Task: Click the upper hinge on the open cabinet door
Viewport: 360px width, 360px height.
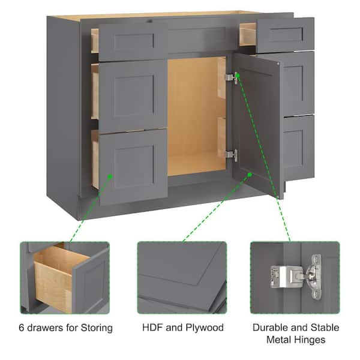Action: pyautogui.click(x=231, y=77)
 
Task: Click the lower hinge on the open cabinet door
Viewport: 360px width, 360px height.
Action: pyautogui.click(x=231, y=155)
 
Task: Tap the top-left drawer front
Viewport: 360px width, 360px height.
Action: pyautogui.click(x=133, y=41)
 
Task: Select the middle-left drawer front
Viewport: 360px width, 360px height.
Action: pyautogui.click(x=133, y=97)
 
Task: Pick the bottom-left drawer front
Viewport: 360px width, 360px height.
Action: pyautogui.click(x=133, y=167)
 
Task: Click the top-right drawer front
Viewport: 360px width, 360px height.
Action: pyautogui.click(x=285, y=35)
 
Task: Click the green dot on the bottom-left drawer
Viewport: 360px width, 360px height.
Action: pyautogui.click(x=110, y=176)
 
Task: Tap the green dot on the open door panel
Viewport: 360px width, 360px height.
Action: pyautogui.click(x=250, y=175)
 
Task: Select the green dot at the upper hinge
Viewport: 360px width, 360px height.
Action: pyautogui.click(x=238, y=75)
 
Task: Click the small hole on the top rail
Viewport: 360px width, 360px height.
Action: pyautogui.click(x=150, y=22)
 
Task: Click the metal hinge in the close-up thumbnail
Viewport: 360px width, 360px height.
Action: pyautogui.click(x=296, y=277)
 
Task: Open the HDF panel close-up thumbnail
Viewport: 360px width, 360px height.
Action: pyautogui.click(x=182, y=277)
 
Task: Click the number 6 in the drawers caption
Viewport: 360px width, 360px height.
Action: pyautogui.click(x=22, y=328)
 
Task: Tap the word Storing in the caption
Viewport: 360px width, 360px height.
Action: pyautogui.click(x=97, y=328)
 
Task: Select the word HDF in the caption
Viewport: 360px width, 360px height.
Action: pyautogui.click(x=152, y=328)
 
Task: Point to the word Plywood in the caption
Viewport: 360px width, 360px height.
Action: pyautogui.click(x=205, y=328)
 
